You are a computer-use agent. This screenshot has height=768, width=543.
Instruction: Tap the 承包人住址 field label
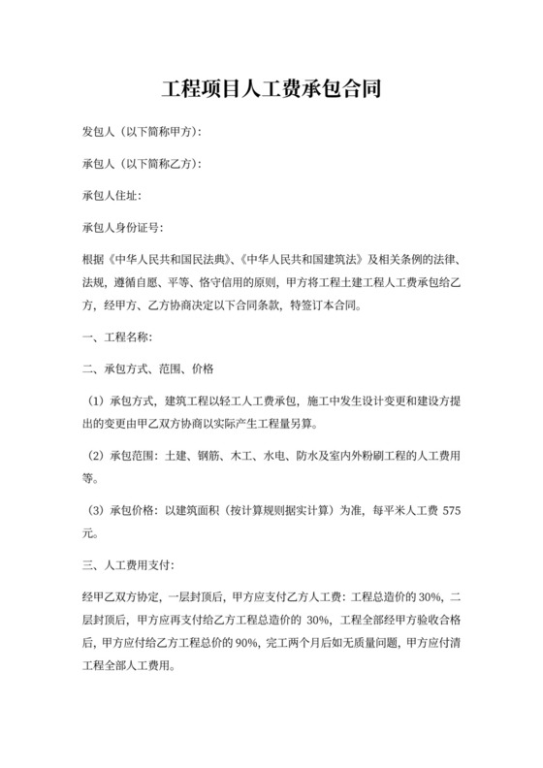(112, 196)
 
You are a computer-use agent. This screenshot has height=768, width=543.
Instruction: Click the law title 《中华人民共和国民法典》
(174, 261)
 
